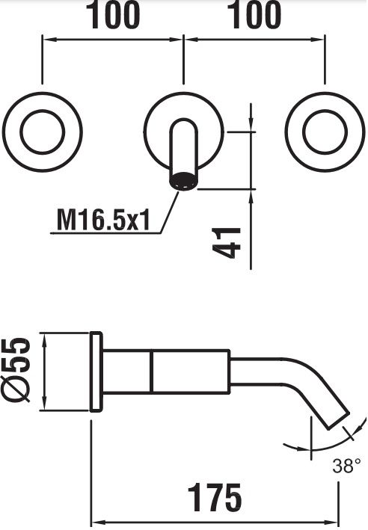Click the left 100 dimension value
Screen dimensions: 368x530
coord(114,15)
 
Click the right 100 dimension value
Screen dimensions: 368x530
coord(255,15)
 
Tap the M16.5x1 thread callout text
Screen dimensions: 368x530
coord(103,220)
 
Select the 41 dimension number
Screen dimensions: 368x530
coord(227,243)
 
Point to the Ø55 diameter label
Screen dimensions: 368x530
coord(16,370)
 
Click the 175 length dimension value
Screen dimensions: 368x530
coord(215,497)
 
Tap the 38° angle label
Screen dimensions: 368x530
coord(347,466)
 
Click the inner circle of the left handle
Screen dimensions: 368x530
coord(43,132)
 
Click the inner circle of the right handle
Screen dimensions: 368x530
coord(325,132)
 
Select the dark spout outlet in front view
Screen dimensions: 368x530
coord(183,181)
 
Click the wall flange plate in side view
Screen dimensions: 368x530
coord(96,372)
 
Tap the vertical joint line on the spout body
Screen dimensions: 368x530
coord(151,372)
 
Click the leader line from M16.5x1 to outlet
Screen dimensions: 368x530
coord(170,212)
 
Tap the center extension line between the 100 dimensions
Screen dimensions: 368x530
coord(183,59)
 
